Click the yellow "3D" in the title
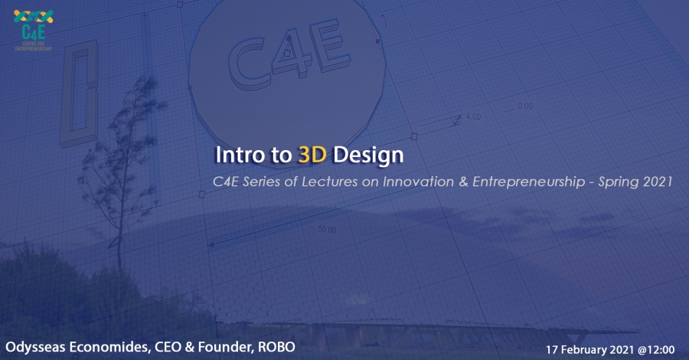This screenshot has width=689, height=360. (x=312, y=155)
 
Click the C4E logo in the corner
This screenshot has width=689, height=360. (x=34, y=30)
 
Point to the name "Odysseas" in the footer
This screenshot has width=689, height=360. (x=36, y=347)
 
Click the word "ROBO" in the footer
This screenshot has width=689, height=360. (x=276, y=347)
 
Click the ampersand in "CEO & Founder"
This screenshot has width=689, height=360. (x=189, y=347)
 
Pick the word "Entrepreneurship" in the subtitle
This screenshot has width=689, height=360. (x=528, y=182)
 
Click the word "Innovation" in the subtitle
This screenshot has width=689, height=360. (x=418, y=182)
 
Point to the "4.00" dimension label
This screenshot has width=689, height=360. (x=473, y=116)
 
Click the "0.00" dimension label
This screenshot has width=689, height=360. (x=525, y=106)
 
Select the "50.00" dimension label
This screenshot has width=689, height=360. (x=327, y=230)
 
